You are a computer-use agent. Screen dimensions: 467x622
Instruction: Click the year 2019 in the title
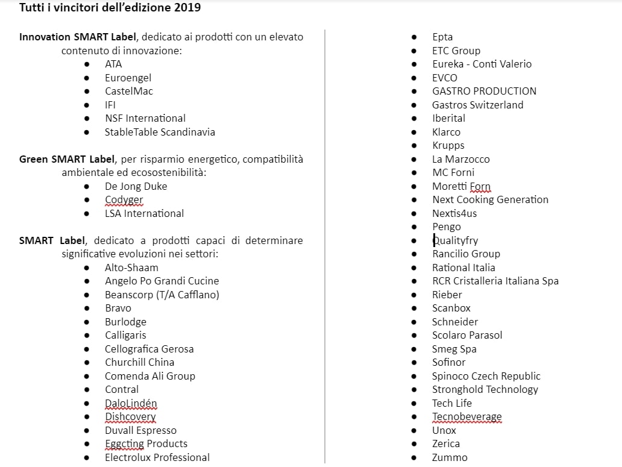[188, 8]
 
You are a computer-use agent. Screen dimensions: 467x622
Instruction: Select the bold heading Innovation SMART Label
[78, 37]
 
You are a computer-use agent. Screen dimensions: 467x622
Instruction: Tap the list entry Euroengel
[128, 78]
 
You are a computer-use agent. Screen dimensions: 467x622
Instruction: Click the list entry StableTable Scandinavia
[160, 132]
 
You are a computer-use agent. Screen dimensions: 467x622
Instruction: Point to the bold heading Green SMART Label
[67, 159]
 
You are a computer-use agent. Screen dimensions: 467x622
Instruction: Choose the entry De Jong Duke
[136, 186]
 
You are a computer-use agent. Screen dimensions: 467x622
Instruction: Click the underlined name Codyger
[124, 199]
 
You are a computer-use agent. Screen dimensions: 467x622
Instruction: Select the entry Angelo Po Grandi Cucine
[162, 281]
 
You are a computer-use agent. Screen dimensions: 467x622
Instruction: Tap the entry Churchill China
[139, 362]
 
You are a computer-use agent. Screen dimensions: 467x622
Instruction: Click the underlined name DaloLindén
[131, 403]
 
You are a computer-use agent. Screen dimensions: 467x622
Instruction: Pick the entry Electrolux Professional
[157, 457]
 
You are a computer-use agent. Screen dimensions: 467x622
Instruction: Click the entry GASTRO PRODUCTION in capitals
[484, 91]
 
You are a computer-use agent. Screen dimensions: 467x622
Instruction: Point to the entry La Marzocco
[460, 159]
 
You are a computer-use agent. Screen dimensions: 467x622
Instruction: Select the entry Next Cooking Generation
[490, 199]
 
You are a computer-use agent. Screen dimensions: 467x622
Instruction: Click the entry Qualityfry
[455, 240]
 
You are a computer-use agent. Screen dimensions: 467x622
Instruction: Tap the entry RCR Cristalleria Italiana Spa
[495, 281]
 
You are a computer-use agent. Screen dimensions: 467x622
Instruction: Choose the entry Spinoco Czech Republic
[486, 376]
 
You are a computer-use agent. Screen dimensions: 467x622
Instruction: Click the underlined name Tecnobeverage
[466, 416]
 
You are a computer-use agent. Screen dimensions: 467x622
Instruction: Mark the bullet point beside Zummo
[414, 457]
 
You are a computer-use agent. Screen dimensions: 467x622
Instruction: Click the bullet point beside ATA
[87, 64]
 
